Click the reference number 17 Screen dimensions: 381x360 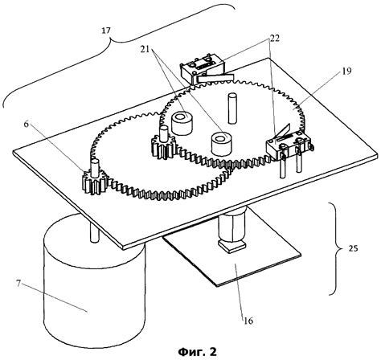106,31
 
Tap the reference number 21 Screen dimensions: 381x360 145,49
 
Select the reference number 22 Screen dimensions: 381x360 275,38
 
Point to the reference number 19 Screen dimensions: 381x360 347,71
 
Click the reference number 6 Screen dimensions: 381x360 27,125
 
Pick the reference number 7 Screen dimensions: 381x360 18,284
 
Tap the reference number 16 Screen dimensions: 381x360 248,321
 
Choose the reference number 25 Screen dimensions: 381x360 353,248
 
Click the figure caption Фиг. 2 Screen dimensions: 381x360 198,351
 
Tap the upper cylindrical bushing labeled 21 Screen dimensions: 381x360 182,124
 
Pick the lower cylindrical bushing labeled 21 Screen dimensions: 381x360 221,145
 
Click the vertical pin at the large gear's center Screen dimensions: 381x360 232,108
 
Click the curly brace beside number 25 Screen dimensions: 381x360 337,248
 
